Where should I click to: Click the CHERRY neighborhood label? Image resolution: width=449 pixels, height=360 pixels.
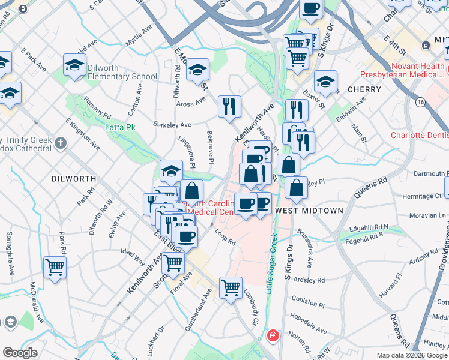(364, 89)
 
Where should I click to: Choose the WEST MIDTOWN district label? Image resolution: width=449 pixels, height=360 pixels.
(309, 211)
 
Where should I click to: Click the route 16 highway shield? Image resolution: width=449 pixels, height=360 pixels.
(420, 103)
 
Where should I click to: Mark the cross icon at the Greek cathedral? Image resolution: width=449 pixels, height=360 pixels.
(60, 143)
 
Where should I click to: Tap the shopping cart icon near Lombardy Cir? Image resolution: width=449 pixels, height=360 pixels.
(231, 288)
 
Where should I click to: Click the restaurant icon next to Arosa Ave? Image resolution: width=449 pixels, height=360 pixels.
(229, 107)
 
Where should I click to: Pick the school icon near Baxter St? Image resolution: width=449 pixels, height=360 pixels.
(325, 82)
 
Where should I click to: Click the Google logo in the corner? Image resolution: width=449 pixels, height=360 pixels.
(20, 353)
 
